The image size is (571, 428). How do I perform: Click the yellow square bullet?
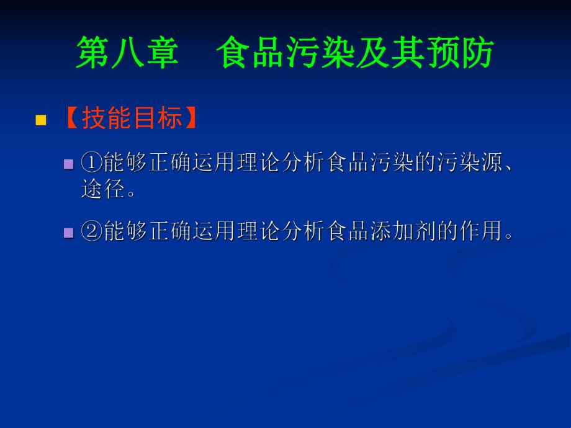pos(41,120)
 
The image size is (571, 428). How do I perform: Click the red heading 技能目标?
pos(132,118)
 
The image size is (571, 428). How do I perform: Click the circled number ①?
pos(91,164)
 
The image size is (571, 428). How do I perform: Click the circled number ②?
pos(91,233)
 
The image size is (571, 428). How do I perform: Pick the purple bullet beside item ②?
pos(69,233)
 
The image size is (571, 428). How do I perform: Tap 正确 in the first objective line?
pos(159,164)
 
